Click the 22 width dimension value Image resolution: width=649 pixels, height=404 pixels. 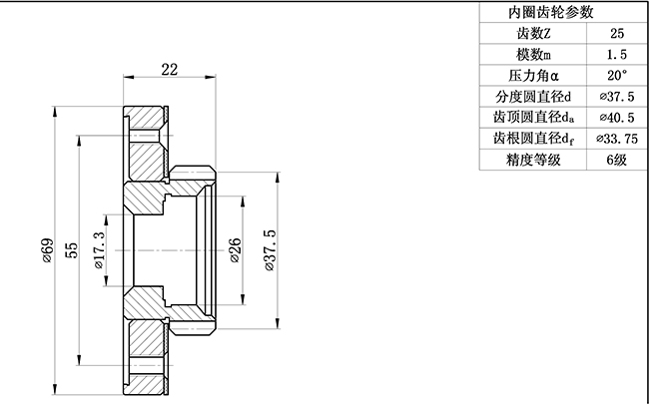coord(169,69)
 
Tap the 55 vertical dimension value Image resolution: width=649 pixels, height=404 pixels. coord(72,250)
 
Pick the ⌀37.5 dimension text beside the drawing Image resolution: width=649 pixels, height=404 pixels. coord(269,250)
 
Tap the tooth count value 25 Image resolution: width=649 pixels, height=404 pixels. coord(616,33)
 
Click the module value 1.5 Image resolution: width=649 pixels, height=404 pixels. coord(616,54)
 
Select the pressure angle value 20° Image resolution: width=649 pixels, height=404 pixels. coord(616,75)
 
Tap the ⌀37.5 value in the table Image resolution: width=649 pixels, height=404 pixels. coord(616,97)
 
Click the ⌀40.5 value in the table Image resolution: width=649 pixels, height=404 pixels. coord(616,118)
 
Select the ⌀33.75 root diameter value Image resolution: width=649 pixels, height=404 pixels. coord(616,139)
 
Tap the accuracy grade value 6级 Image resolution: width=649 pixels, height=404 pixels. coord(616,160)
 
